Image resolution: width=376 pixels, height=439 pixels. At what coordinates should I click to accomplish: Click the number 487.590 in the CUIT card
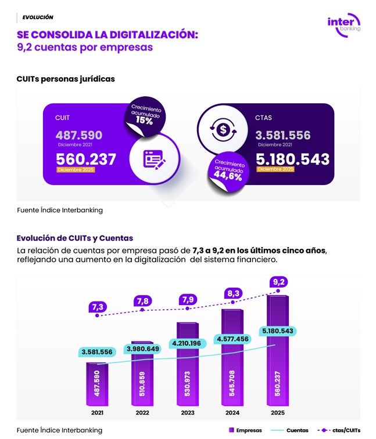coord(79,135)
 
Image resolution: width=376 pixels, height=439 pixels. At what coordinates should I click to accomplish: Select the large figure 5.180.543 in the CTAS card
coord(292,159)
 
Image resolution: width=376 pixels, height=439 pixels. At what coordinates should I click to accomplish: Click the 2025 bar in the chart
coord(278,354)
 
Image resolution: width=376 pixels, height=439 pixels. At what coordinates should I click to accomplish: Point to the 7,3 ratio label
coord(97,306)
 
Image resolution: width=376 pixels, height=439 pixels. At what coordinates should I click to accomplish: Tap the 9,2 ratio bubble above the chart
coord(278,282)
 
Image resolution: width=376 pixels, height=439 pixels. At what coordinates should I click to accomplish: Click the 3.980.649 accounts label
coord(142,349)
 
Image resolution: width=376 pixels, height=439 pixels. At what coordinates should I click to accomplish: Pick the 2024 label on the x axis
coord(233,412)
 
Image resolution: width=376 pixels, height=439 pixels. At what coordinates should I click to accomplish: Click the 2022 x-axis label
coord(142,412)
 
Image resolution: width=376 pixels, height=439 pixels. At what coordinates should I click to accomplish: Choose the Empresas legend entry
coord(245,430)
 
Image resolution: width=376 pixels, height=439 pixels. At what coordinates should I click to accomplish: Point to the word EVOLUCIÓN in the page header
coord(38,17)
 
